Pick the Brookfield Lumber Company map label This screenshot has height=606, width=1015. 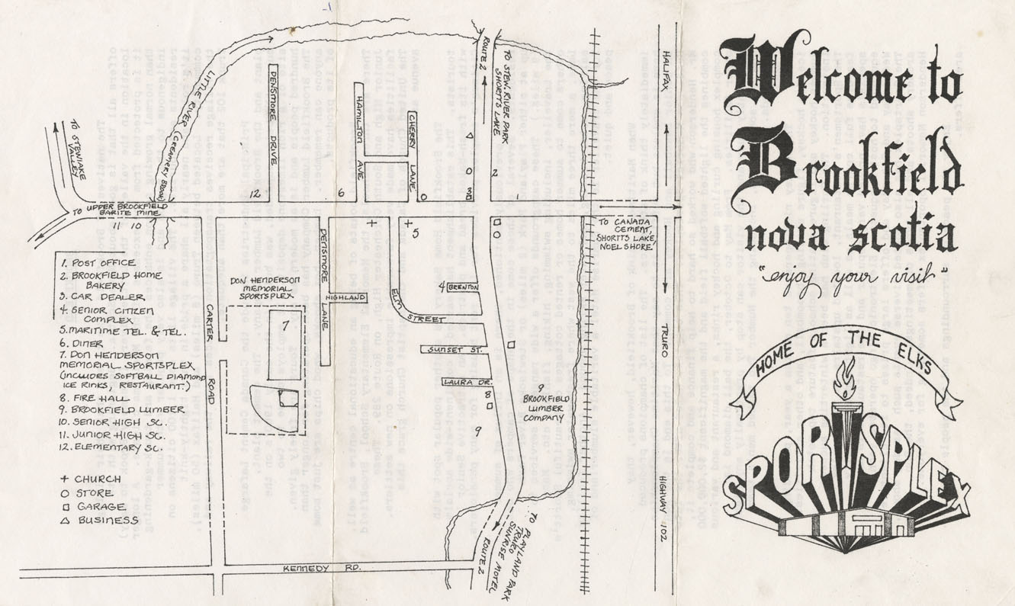pyautogui.click(x=542, y=408)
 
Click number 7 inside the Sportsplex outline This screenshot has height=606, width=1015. pyautogui.click(x=284, y=327)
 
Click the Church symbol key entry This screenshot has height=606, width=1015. pyautogui.click(x=91, y=479)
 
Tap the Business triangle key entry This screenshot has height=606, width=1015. pyautogui.click(x=98, y=520)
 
